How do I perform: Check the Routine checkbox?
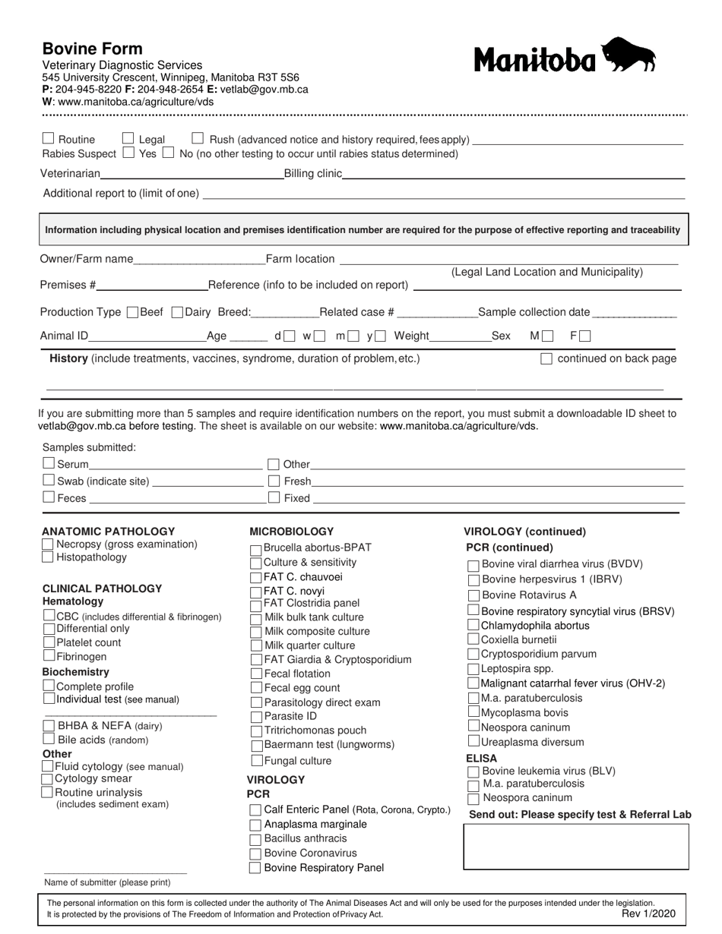tap(49, 139)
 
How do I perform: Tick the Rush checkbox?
tap(198, 139)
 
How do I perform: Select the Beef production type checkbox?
tap(132, 312)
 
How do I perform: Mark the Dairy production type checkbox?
tap(178, 312)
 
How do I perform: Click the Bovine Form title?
tap(92, 49)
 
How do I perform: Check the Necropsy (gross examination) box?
tap(48, 544)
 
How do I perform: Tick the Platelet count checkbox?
tap(49, 642)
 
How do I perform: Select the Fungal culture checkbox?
tap(256, 760)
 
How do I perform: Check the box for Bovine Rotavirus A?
tap(473, 595)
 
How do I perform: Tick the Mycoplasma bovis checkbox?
tap(473, 712)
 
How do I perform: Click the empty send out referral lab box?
tap(576, 847)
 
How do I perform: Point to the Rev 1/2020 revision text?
tap(648, 914)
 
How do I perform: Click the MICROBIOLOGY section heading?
tap(292, 532)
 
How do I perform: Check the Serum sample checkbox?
tap(49, 463)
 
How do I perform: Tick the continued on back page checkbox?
tap(546, 359)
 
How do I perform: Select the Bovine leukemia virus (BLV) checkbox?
tap(473, 771)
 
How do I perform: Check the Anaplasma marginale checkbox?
tap(256, 825)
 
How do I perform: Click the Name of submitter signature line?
tap(115, 872)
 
